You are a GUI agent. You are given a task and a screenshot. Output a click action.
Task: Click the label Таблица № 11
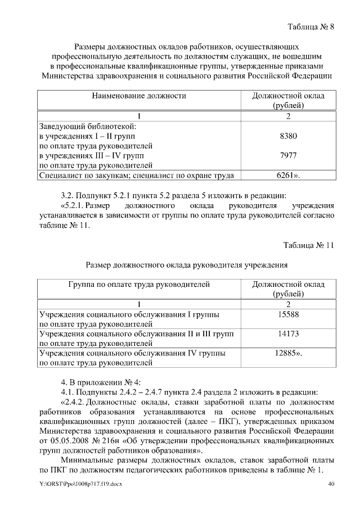tap(308, 245)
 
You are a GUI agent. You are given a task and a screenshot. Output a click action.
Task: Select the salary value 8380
tap(288, 136)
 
